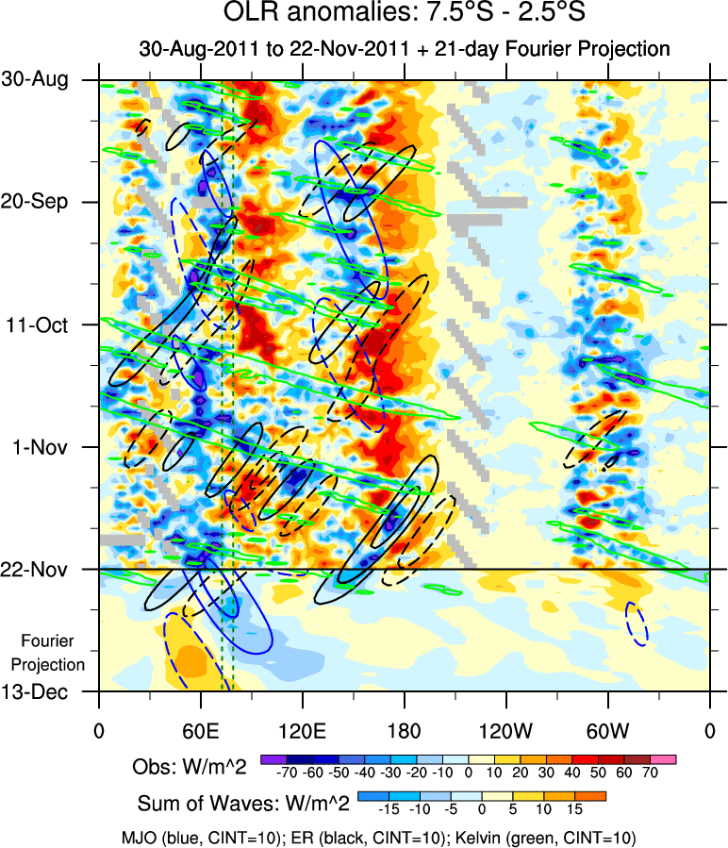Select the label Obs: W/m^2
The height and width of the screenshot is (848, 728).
pos(190,767)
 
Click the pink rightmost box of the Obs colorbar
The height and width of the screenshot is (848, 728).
pos(664,758)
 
